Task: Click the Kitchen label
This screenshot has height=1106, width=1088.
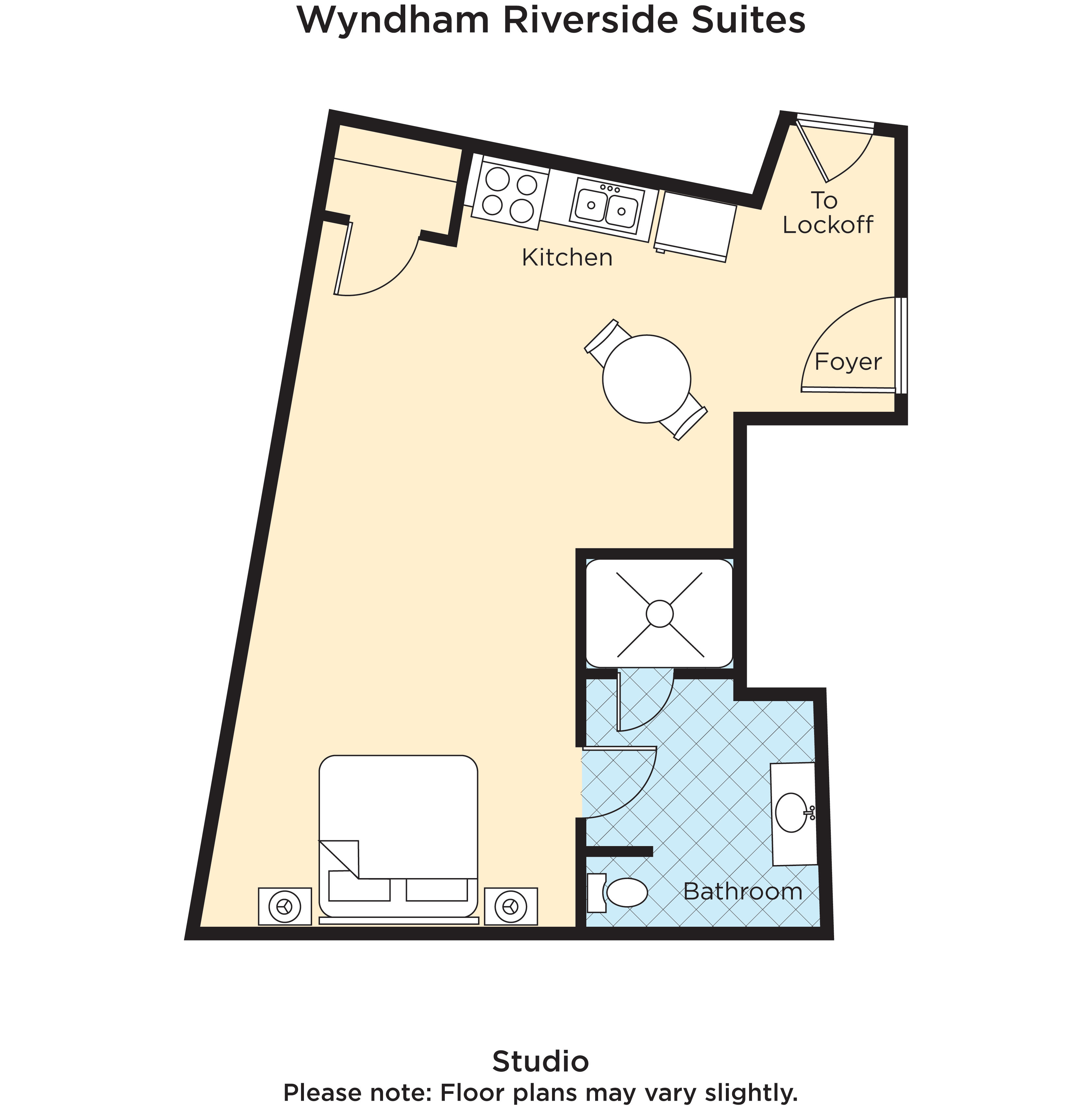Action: click(567, 258)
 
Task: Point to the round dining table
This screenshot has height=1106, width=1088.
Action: click(646, 379)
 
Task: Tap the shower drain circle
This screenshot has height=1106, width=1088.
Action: click(660, 614)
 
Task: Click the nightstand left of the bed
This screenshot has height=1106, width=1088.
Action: click(285, 906)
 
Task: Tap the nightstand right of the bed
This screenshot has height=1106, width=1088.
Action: click(510, 906)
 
